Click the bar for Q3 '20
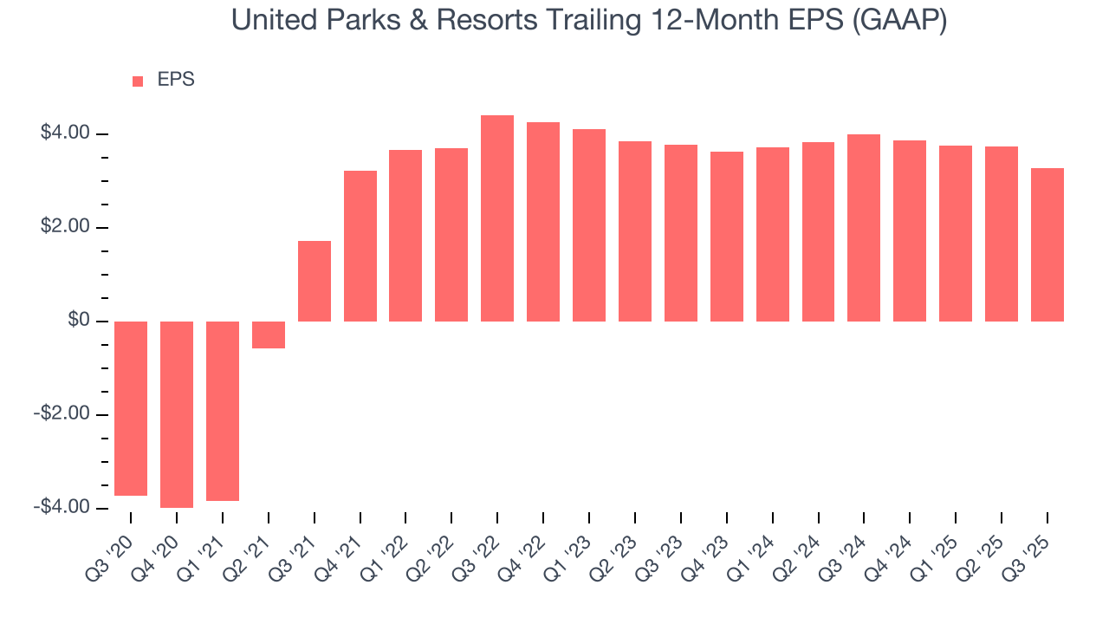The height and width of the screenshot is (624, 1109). (131, 408)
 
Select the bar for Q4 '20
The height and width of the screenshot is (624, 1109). (177, 414)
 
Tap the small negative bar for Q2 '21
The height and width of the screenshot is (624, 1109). (269, 335)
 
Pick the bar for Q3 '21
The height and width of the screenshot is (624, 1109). (315, 281)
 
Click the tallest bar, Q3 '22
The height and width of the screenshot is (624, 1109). (497, 218)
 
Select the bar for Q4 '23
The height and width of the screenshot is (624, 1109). (726, 237)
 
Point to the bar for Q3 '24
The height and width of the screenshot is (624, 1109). (864, 228)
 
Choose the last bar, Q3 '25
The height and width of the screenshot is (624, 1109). (1047, 244)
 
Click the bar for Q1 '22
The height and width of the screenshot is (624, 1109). (405, 236)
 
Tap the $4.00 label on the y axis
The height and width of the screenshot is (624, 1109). (65, 133)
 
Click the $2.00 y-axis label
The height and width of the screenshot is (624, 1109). (65, 227)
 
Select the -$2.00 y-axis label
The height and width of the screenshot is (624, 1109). (62, 414)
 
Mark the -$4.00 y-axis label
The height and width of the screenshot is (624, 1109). (62, 507)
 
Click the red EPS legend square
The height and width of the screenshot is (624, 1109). (138, 81)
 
